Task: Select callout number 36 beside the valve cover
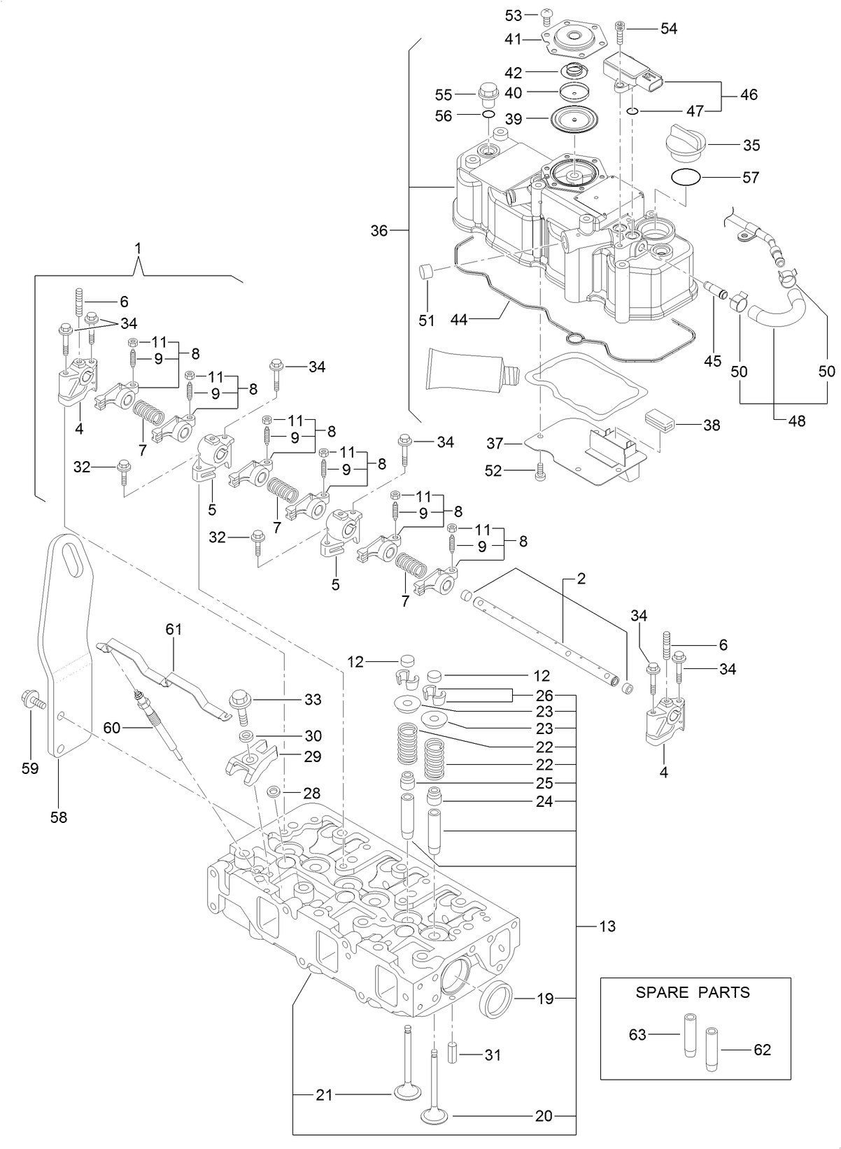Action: [x=379, y=230]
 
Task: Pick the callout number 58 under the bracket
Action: [x=59, y=816]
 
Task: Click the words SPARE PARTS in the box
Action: [x=692, y=992]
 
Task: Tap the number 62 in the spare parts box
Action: [x=762, y=1050]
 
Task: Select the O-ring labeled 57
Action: [x=685, y=177]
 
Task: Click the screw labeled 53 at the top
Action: [x=548, y=16]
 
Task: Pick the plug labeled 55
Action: [x=487, y=92]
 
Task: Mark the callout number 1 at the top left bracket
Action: [x=138, y=248]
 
